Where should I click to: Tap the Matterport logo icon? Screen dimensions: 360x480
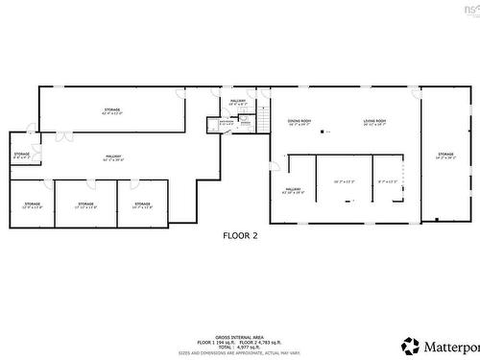(x=411, y=345)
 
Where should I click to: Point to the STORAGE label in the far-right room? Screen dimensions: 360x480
(x=445, y=155)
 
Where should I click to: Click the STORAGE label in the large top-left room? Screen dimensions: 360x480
(x=112, y=111)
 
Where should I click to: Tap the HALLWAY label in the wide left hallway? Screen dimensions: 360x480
(x=113, y=157)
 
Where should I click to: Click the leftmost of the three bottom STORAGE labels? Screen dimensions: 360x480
(x=33, y=204)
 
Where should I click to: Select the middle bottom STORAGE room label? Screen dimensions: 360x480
(x=86, y=204)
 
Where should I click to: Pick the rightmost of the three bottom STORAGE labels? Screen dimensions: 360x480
(x=142, y=204)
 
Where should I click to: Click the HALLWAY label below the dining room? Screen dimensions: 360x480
(x=292, y=191)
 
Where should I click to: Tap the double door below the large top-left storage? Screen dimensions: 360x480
(x=64, y=137)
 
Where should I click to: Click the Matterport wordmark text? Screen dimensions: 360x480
(x=451, y=346)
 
